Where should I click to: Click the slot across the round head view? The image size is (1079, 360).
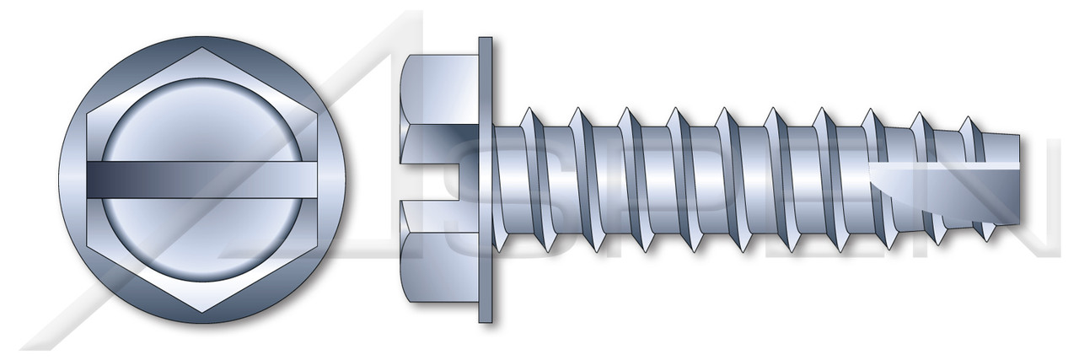(202, 180)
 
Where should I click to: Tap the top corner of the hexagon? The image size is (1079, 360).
(202, 48)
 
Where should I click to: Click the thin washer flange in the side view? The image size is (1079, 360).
(485, 180)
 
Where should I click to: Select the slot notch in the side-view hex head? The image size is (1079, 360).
(443, 180)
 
